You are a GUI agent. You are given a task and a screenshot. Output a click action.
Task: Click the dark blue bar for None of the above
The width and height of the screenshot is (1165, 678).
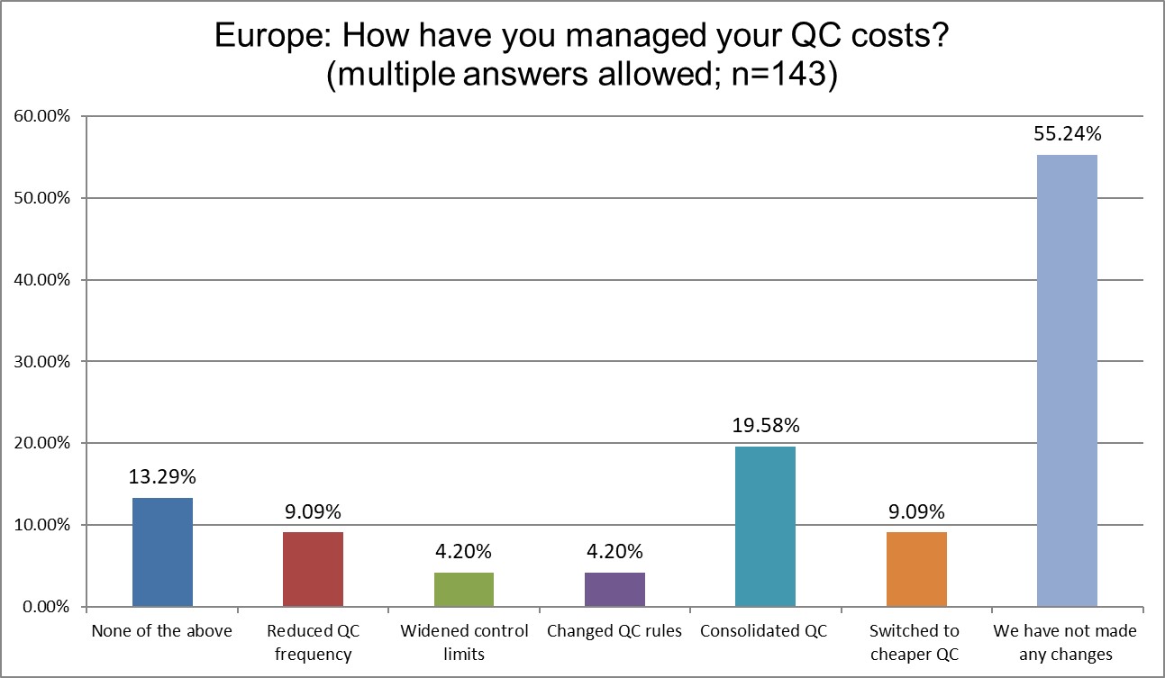click(162, 552)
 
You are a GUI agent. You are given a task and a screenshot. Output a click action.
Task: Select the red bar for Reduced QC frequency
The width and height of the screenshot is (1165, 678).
click(313, 569)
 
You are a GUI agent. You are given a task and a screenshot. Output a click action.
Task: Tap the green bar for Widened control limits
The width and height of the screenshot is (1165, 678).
click(463, 589)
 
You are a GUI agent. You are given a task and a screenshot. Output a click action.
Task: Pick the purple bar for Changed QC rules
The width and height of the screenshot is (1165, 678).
click(614, 589)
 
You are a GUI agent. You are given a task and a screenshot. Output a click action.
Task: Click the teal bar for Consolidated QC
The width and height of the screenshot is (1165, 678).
click(765, 526)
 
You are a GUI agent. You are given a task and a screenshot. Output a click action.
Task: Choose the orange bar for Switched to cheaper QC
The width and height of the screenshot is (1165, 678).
click(916, 569)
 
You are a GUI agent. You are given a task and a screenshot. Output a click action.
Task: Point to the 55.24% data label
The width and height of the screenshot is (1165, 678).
click(1067, 135)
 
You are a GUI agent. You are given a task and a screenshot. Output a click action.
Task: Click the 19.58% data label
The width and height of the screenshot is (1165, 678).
click(765, 427)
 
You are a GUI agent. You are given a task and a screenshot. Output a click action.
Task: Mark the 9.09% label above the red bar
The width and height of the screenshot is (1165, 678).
click(313, 512)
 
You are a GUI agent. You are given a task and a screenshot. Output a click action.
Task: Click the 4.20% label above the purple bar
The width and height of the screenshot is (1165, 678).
click(614, 552)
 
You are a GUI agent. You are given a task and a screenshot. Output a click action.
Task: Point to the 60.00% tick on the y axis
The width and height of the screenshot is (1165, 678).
click(41, 116)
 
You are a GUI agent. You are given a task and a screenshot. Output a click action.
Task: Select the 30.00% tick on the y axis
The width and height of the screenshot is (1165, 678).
click(41, 361)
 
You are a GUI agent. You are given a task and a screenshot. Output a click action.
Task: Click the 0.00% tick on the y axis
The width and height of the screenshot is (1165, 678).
click(44, 606)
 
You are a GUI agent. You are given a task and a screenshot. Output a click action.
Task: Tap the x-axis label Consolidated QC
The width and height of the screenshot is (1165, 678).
click(765, 631)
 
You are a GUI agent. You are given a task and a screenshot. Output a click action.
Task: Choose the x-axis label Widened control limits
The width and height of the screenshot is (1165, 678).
click(463, 642)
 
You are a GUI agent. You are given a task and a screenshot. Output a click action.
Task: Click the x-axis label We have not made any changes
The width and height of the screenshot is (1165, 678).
click(1067, 642)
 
